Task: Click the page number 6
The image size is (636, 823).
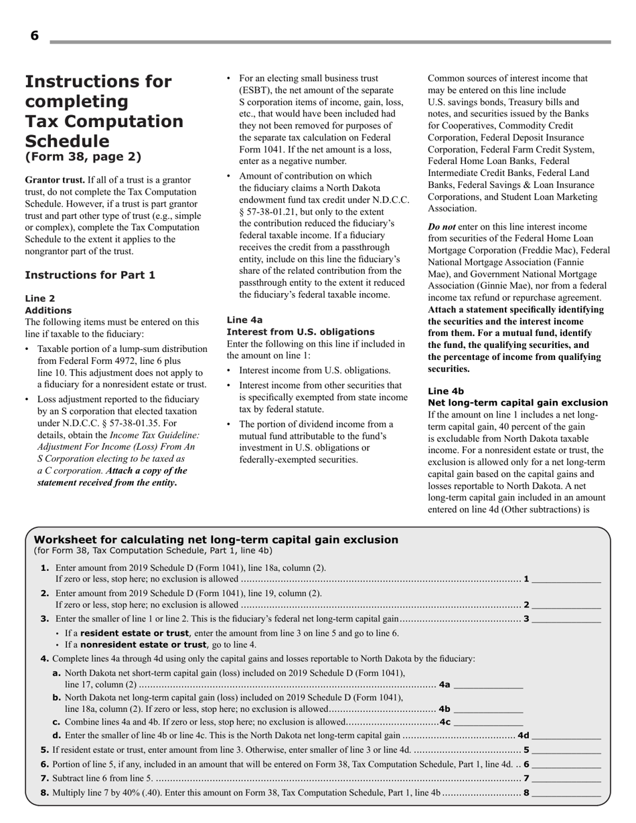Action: tap(34, 36)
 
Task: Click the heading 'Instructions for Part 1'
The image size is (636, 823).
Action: tap(90, 275)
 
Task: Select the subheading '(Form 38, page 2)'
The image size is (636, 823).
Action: tap(83, 157)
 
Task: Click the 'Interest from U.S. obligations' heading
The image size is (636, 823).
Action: tap(301, 332)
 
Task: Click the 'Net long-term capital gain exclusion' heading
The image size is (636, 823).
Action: tap(518, 403)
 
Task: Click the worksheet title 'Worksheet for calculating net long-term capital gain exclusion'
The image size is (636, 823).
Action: tap(216, 539)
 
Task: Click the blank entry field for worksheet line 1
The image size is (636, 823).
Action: tap(566, 579)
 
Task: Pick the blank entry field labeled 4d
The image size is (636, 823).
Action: tap(566, 736)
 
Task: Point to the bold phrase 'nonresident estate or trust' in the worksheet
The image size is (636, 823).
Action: tap(143, 645)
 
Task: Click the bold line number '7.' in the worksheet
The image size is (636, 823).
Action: tap(44, 778)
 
